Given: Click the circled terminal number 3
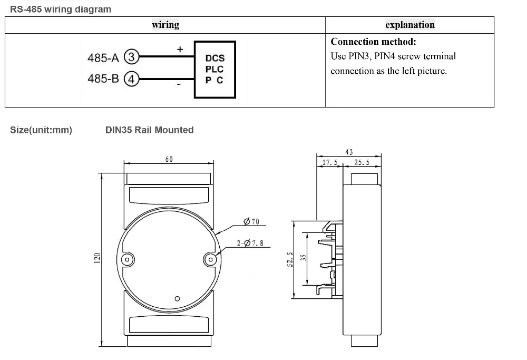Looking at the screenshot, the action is (x=131, y=57).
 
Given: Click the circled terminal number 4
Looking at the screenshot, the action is (x=131, y=79).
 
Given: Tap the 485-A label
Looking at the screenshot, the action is (x=103, y=58).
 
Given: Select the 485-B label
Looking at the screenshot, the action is (x=103, y=79).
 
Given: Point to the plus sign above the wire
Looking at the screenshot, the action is (x=180, y=50).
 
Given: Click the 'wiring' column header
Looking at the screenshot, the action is (x=165, y=25).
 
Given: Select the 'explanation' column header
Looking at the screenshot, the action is (x=409, y=25).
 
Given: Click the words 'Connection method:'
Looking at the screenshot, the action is (x=374, y=42).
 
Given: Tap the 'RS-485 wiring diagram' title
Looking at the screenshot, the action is (x=61, y=9).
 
